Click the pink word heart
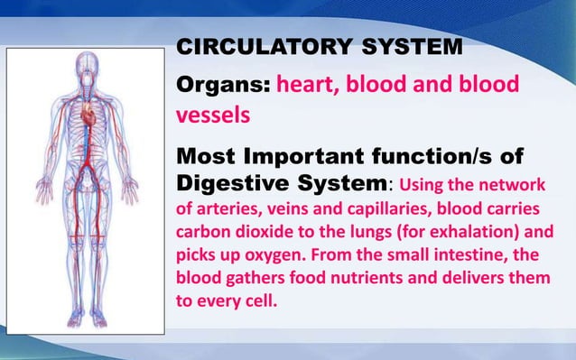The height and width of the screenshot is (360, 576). [308, 85]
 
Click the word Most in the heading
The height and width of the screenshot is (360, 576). [202, 158]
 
